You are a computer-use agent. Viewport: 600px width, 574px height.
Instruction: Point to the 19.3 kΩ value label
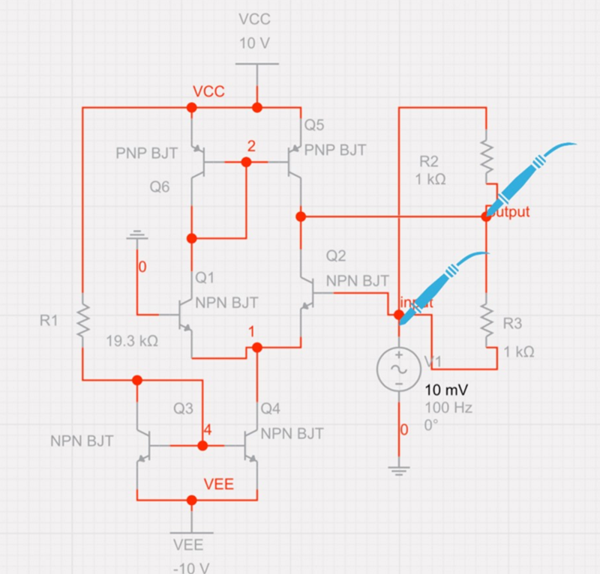(x=132, y=341)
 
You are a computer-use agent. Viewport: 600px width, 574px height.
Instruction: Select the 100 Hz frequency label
(x=448, y=410)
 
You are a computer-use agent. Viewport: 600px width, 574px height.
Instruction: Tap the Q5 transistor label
(x=313, y=124)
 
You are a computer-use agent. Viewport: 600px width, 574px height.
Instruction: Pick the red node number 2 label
(x=251, y=147)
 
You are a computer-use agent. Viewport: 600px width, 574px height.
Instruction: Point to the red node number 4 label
(x=207, y=431)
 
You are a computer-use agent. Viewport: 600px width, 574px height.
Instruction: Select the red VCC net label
(x=209, y=91)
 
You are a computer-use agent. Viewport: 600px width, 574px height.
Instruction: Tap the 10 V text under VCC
(x=254, y=43)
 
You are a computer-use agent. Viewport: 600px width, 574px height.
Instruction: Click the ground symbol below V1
(x=398, y=471)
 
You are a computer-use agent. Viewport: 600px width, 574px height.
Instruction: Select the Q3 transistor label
(x=184, y=409)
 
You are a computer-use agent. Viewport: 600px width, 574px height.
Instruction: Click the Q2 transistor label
(x=336, y=257)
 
